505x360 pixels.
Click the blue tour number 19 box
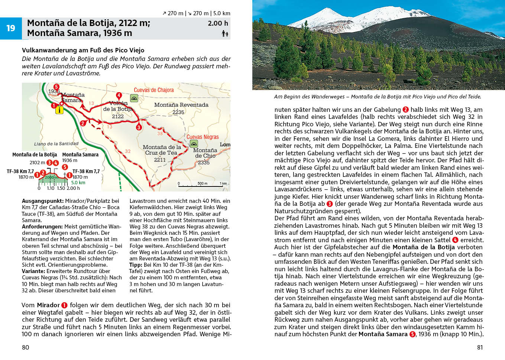11,28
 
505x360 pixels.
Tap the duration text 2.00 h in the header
218,23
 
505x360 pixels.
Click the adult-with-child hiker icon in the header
225,34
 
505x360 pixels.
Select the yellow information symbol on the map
59,110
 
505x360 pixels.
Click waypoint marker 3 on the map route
139,127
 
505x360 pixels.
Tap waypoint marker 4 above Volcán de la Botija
119,95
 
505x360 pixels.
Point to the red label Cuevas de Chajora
153,90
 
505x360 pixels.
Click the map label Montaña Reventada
181,105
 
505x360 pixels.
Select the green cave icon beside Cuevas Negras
194,144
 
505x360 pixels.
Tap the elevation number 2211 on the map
160,160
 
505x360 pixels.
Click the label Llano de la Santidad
56,144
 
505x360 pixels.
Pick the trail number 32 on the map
127,151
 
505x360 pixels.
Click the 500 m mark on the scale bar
202,184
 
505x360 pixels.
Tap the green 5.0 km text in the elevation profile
78,182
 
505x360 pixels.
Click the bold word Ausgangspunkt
42,201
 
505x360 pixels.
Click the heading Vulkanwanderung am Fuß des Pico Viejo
83,50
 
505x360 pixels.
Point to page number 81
480,347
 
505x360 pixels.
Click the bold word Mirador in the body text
48,305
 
